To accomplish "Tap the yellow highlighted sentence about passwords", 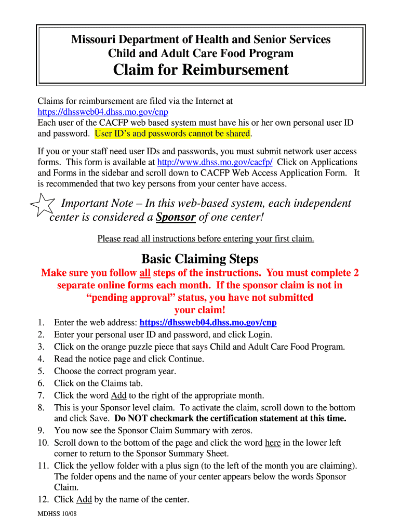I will (172, 134).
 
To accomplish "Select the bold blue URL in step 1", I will (208, 323).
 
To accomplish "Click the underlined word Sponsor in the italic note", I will (176, 217).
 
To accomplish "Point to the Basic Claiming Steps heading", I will (200, 259).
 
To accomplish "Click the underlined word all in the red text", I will (145, 273).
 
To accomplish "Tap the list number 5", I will (42, 371).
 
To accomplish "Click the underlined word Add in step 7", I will (119, 395).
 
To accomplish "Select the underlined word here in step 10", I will (273, 443).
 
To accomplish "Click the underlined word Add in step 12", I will (84, 500).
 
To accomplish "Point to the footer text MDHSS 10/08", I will (57, 514).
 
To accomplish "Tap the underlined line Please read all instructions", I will (206, 239).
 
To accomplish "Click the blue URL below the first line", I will (103, 112).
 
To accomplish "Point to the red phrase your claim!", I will (200, 310).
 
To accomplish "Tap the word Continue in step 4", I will (185, 359).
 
